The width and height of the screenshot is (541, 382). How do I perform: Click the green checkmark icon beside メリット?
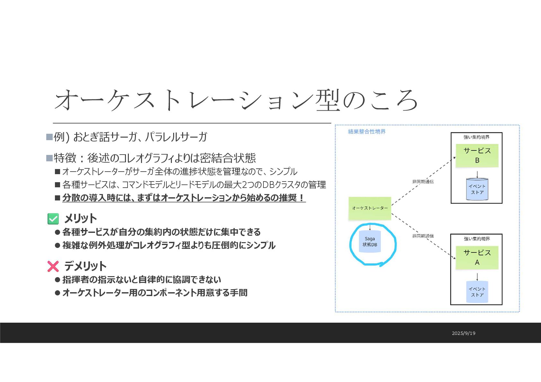pos(53,219)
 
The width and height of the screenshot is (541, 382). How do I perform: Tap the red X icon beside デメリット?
pos(53,266)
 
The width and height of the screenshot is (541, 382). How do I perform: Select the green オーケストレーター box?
pos(370,208)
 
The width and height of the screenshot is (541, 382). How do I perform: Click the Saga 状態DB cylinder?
pos(370,242)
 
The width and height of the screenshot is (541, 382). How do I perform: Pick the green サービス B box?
pos(477,156)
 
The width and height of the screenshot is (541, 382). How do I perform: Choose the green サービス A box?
pos(477,258)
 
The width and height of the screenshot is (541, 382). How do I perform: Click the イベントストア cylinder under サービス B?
pos(477,189)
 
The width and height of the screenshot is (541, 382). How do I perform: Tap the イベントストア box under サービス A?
pos(477,292)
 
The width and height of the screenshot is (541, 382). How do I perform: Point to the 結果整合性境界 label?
pos(367,132)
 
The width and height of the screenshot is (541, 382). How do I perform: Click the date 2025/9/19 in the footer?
pos(463,333)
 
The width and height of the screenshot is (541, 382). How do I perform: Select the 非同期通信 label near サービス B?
pos(423,182)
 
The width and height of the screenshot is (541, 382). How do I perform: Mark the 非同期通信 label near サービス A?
pos(423,236)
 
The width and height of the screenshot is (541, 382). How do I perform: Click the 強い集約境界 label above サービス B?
pos(476,137)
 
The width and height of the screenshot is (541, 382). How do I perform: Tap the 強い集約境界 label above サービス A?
pos(477,239)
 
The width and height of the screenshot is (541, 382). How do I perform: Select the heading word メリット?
pos(80,219)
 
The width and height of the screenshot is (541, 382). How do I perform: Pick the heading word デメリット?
pos(85,266)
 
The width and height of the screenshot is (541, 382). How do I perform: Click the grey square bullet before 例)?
pos(49,137)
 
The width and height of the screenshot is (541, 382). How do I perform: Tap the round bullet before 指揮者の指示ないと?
pos(58,280)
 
